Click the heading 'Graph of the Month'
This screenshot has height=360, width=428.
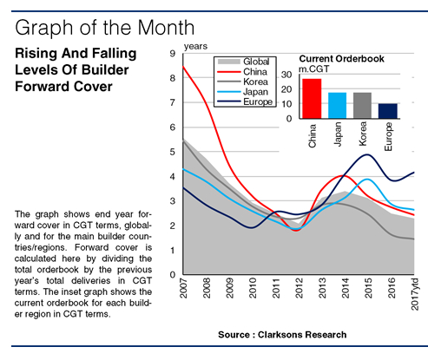coord(105,23)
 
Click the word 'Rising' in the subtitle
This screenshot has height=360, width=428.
coord(39,54)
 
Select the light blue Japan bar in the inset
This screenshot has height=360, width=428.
coord(337,104)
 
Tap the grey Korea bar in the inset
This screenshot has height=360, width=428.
coord(363,104)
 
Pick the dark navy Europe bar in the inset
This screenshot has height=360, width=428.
coord(389,109)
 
